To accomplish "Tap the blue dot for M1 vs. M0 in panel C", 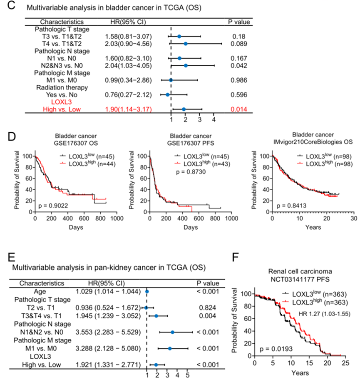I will [x=171, y=80].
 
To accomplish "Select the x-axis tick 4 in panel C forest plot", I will [x=214, y=120].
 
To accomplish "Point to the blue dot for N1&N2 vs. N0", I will [x=172, y=320].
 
